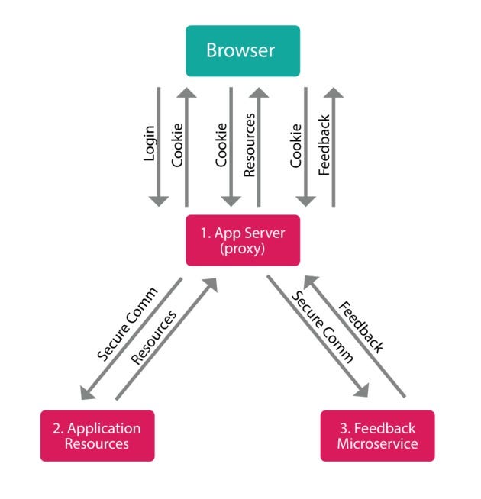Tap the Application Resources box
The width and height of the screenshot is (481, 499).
pos(97,436)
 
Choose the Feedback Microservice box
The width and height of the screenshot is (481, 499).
pos(376,436)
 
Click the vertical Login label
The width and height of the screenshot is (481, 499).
pos(150,143)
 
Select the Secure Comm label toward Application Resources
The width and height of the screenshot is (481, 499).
pos(127,324)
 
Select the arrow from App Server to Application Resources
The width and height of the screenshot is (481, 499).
pos(130,340)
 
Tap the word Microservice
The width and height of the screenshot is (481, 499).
pos(376,444)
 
